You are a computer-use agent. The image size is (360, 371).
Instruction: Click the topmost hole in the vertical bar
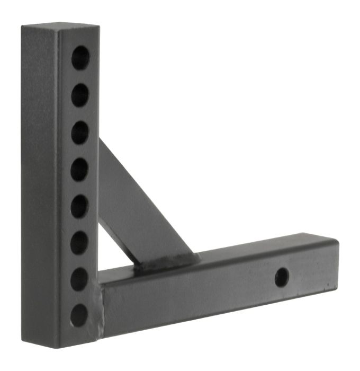(x=80, y=57)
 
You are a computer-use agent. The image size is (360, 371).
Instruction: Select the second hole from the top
(x=80, y=95)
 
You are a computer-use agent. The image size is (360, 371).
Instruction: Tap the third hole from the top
(x=80, y=132)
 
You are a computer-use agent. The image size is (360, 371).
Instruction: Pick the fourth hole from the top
(x=80, y=170)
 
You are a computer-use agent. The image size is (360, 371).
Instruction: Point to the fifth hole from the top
(x=79, y=206)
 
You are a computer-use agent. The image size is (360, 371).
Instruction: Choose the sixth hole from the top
(x=79, y=243)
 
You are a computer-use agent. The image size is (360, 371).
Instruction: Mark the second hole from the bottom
(x=79, y=279)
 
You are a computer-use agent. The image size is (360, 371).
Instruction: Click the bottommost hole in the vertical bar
(x=79, y=315)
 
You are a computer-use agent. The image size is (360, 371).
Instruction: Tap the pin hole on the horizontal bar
(x=282, y=276)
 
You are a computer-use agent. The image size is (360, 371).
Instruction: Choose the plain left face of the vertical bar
(x=40, y=185)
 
